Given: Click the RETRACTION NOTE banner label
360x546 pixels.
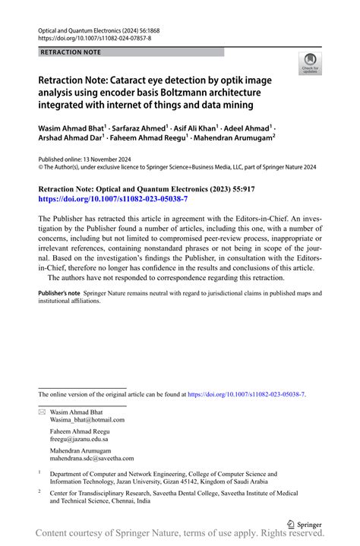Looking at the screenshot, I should point(70,52).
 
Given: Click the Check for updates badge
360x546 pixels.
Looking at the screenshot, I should point(309,64).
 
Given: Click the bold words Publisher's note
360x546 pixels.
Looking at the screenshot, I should point(59,293).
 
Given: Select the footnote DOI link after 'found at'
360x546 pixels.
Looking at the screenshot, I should point(246,395).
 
